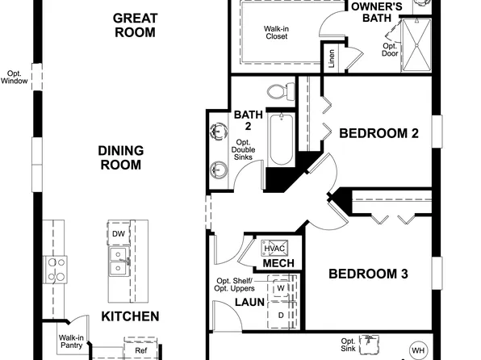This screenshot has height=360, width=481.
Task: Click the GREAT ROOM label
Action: coord(133,24)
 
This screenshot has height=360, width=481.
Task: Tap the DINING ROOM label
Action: coord(120,157)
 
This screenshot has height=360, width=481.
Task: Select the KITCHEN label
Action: coord(130,316)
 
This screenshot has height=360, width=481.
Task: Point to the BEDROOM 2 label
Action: coord(378,133)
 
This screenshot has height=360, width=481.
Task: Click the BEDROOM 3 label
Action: coord(367,274)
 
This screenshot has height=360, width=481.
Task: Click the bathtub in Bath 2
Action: coord(280,139)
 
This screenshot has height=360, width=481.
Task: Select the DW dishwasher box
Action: coord(118,234)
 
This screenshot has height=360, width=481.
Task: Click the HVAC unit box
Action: coord(270,248)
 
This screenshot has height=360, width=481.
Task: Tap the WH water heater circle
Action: coord(417,350)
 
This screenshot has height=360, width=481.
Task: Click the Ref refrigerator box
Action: coord(140,351)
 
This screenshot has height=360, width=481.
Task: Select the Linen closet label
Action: coord(330,60)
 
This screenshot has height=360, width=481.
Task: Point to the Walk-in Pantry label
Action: coord(71,343)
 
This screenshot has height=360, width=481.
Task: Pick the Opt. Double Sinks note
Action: coord(244,149)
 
